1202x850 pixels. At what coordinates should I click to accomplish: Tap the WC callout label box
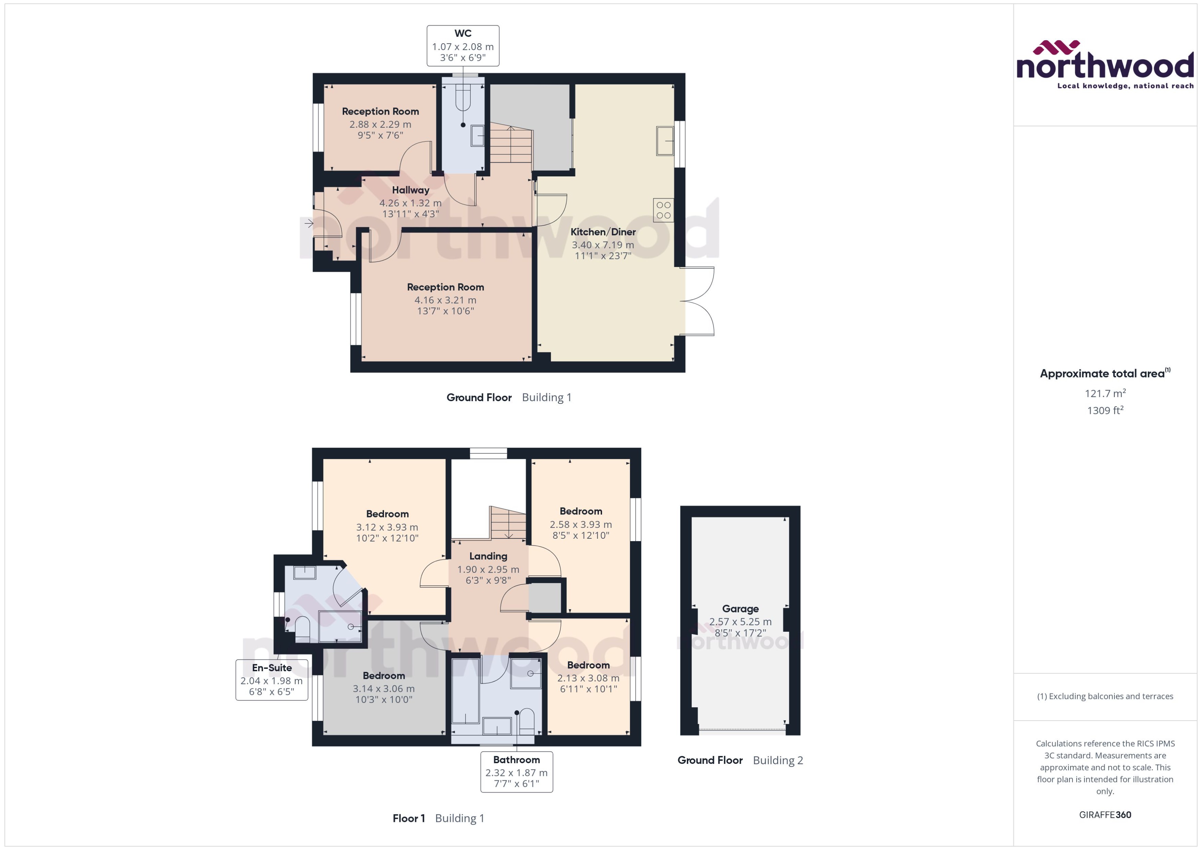click(x=463, y=46)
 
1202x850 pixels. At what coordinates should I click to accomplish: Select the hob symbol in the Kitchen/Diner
click(x=663, y=210)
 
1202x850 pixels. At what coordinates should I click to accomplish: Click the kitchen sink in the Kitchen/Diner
click(x=665, y=141)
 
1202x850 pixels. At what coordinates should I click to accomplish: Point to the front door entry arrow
click(x=309, y=223)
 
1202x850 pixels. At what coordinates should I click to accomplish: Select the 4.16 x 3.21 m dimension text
click(x=445, y=300)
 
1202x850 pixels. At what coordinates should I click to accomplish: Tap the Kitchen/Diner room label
click(x=602, y=232)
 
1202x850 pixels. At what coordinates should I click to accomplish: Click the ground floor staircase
click(x=511, y=144)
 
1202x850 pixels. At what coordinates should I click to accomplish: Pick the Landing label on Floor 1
click(x=488, y=556)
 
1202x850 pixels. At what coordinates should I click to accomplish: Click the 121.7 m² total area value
click(x=1104, y=393)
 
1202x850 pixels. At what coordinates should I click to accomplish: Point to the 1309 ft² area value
click(x=1104, y=410)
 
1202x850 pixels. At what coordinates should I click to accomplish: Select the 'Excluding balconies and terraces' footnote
click(x=1104, y=696)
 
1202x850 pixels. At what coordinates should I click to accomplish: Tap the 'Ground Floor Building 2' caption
click(x=739, y=760)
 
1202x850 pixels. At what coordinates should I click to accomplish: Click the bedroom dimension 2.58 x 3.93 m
click(x=580, y=524)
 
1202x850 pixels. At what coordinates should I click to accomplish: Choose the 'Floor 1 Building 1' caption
click(x=438, y=818)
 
